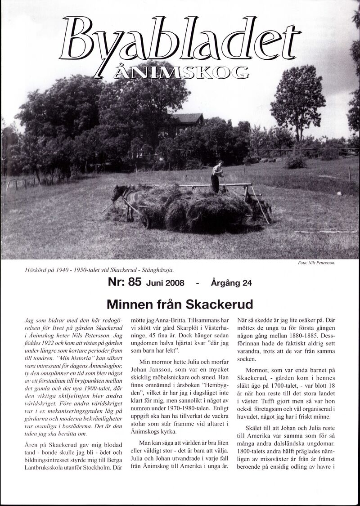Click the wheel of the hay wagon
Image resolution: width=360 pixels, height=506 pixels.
pos(145,221)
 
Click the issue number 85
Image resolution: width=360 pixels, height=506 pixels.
pos(135,282)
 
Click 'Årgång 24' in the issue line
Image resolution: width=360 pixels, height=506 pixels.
pos(231,283)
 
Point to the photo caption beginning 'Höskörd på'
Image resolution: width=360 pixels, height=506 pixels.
pos(100,270)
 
